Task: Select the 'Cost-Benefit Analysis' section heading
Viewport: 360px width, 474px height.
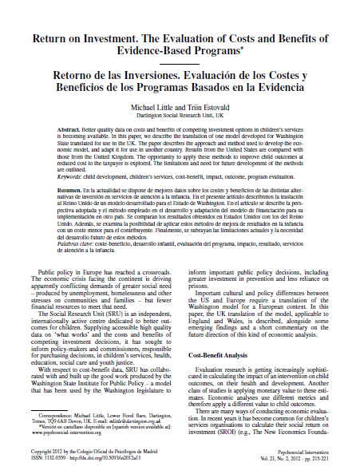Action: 221,354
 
